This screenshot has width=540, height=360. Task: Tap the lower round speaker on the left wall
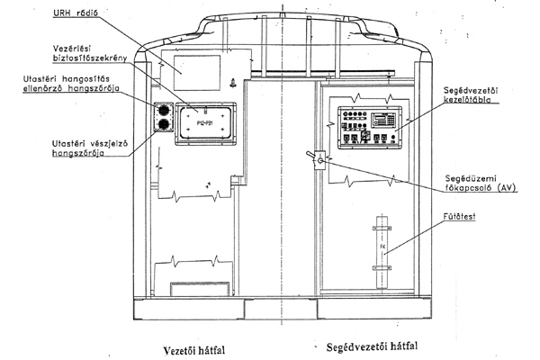(x=165, y=124)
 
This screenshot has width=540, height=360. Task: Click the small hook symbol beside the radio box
(x=232, y=85)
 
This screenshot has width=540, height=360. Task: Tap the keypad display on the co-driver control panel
(x=389, y=119)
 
